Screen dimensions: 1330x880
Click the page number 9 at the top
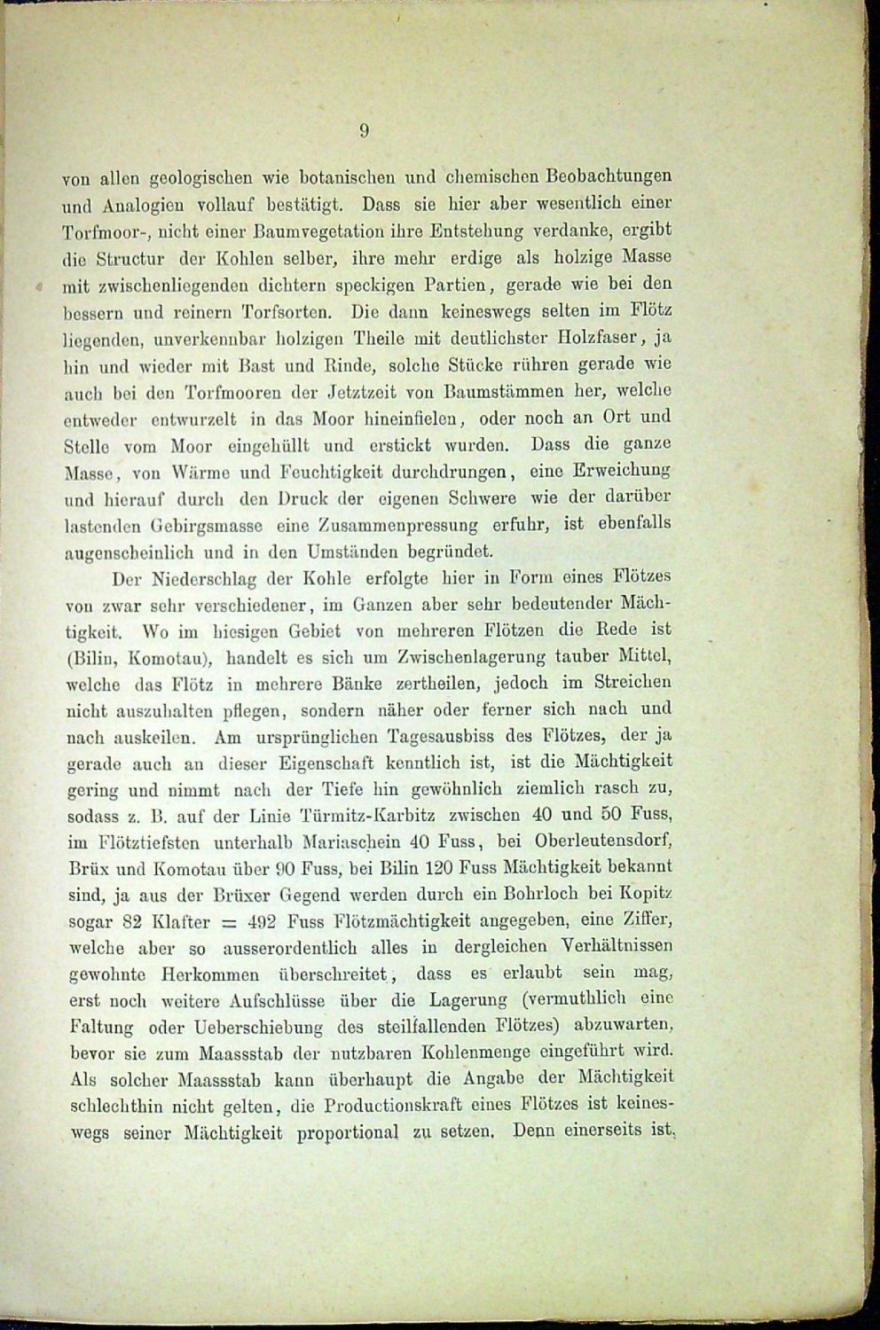(x=364, y=132)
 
